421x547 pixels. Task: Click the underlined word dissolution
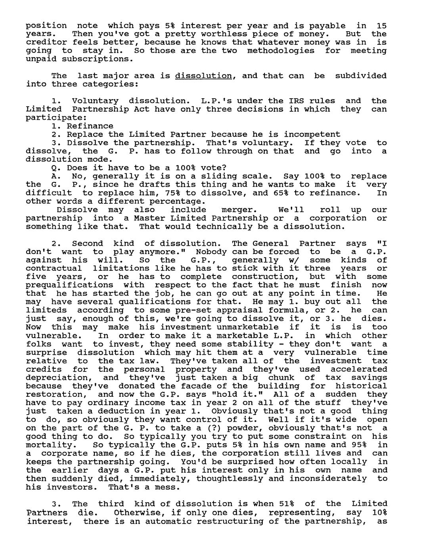coord(203,76)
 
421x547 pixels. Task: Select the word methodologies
coord(281,51)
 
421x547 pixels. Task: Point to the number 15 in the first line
coord(381,26)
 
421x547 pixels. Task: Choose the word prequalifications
coord(69,285)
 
